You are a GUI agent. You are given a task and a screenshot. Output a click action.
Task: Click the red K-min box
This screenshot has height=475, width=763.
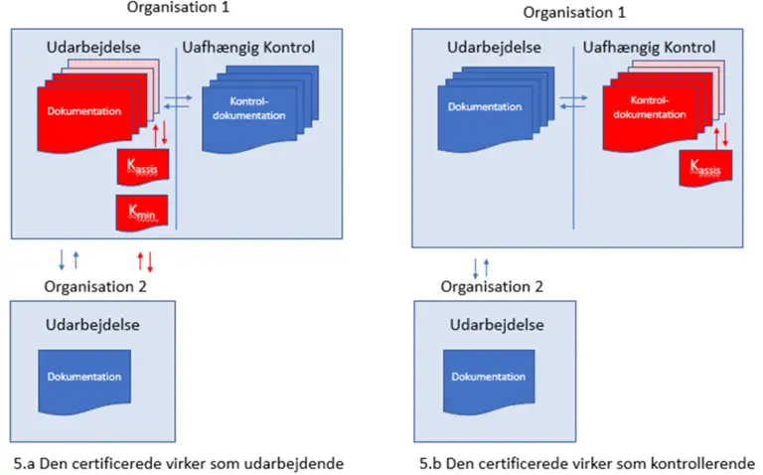click(142, 213)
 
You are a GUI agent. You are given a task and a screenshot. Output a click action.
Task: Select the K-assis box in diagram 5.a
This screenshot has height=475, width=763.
click(143, 167)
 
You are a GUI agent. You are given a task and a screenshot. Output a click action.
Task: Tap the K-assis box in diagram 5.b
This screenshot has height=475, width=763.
click(705, 168)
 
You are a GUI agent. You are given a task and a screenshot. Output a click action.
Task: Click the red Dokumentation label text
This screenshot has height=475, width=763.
click(84, 111)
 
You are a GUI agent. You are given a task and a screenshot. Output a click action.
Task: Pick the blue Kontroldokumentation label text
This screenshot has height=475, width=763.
click(248, 108)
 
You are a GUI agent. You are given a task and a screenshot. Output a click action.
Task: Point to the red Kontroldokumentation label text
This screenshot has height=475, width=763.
click(650, 107)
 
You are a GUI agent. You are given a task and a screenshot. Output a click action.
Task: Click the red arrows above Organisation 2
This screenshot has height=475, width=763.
click(145, 261)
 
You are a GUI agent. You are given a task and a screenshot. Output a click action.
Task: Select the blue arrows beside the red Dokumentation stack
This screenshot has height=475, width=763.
click(178, 101)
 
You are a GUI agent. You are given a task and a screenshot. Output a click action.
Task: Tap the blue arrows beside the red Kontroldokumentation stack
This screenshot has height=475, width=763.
click(573, 101)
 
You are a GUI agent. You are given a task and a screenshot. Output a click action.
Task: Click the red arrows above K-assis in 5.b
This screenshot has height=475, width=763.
click(720, 136)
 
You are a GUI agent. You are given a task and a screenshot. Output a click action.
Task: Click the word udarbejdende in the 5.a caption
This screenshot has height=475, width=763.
click(293, 463)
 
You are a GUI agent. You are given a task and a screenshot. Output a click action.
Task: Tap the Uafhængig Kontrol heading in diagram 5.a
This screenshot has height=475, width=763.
click(248, 48)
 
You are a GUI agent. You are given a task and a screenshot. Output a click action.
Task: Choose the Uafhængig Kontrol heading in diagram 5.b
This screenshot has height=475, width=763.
click(649, 48)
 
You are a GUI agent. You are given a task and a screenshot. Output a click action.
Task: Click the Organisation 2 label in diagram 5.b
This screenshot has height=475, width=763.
click(492, 286)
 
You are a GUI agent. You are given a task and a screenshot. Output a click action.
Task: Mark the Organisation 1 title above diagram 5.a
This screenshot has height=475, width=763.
click(178, 7)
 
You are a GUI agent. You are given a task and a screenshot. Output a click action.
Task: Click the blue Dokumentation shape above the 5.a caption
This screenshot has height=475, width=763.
click(84, 382)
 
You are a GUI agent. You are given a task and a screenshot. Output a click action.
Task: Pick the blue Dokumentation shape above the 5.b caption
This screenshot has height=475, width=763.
click(489, 382)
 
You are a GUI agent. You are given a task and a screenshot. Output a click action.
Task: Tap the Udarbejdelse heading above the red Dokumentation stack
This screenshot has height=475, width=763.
click(93, 48)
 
